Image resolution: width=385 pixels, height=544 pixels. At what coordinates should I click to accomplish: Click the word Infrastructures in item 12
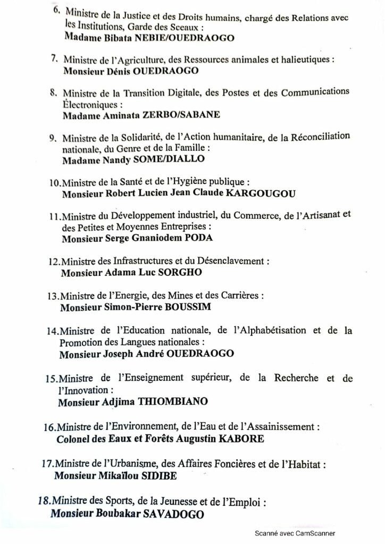pyautogui.click(x=134, y=262)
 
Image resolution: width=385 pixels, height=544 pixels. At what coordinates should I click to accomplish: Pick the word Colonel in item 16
pyautogui.click(x=72, y=439)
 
